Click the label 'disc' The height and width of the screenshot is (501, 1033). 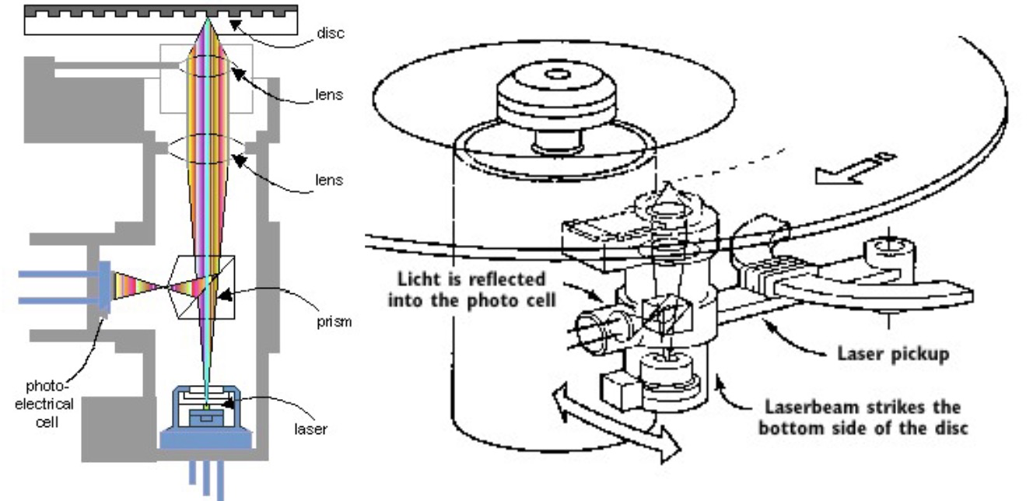click(331, 33)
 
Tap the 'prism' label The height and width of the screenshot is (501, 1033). click(334, 321)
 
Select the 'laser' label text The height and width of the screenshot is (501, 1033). click(310, 429)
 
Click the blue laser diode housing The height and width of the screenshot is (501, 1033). click(206, 418)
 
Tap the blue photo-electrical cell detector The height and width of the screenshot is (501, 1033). click(104, 289)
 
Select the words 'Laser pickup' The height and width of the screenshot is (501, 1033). click(893, 354)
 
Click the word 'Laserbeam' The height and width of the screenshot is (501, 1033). click(811, 408)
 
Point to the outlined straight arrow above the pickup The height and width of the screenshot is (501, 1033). click(855, 170)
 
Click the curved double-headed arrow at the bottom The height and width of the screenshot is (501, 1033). click(615, 422)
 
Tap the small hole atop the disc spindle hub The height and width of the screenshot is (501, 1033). click(557, 75)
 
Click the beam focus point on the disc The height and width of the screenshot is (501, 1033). click(207, 18)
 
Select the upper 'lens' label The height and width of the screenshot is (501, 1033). click(329, 95)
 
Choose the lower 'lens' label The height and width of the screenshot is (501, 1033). click(329, 180)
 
